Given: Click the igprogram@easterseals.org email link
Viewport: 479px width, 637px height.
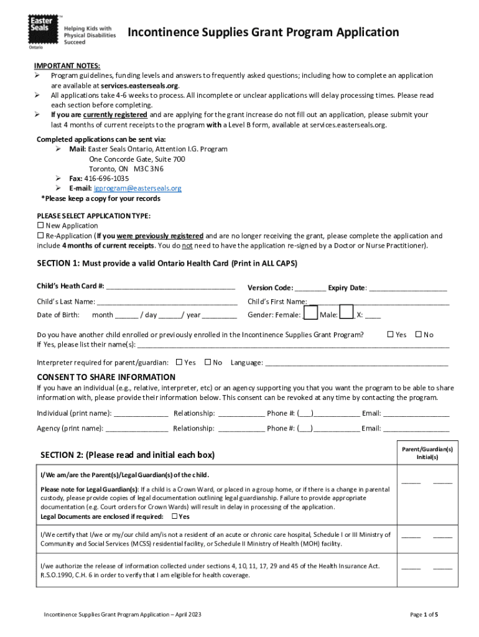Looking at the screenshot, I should (x=137, y=188).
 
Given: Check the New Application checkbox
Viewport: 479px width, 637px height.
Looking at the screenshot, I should (x=41, y=225).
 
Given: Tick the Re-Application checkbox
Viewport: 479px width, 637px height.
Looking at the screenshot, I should (x=41, y=236).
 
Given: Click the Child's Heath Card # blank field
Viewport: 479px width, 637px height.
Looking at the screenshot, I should (x=170, y=287).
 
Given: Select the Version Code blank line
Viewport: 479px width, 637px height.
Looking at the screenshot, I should (x=310, y=287).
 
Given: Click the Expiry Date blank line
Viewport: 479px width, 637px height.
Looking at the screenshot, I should (x=408, y=287).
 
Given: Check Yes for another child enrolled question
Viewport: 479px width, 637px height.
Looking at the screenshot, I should (x=391, y=335).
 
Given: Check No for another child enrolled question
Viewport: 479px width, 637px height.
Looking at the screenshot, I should (x=418, y=335).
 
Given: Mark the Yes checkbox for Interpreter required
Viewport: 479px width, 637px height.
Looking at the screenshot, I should (x=179, y=362).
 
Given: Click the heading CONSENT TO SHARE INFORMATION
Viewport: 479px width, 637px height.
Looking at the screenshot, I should (x=106, y=377).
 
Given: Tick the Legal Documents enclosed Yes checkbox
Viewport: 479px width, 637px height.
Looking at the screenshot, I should (x=175, y=516).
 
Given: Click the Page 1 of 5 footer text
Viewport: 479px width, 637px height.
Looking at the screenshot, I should (x=424, y=615).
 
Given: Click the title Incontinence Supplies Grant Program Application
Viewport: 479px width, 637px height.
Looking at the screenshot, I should (x=263, y=32).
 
